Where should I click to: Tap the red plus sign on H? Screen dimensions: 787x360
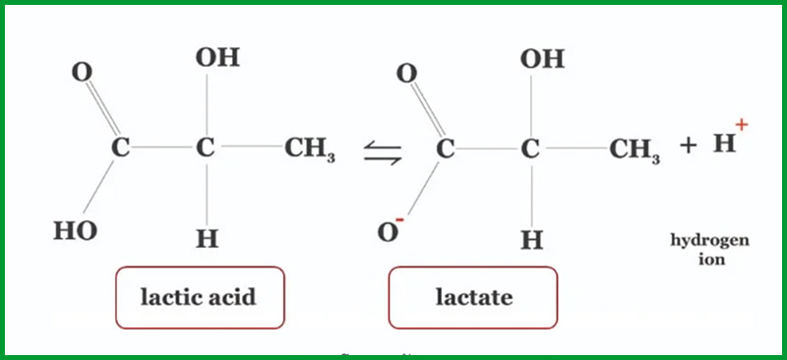point(742,125)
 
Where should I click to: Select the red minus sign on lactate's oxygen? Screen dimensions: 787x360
point(399,220)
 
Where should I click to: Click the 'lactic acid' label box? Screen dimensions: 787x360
point(200,298)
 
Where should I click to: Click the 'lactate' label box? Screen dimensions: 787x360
point(473,298)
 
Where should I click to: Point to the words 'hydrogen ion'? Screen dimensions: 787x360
point(710,250)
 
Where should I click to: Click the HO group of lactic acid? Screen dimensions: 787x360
point(76,231)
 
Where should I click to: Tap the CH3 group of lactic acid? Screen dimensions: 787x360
point(310,150)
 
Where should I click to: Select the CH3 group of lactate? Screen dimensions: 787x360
point(635,150)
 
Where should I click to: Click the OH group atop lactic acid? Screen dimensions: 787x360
point(217,58)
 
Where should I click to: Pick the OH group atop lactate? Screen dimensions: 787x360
point(543,59)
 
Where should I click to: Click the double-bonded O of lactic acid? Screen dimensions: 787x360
point(83,73)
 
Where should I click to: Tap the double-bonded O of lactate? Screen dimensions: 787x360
point(407,74)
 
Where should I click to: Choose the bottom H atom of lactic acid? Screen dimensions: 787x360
point(208,238)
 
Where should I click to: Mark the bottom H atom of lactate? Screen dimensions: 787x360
point(532,240)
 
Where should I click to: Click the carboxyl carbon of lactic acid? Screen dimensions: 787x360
point(120,148)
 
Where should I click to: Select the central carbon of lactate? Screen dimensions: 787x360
point(530,150)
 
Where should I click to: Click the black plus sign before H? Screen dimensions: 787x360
point(688,147)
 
